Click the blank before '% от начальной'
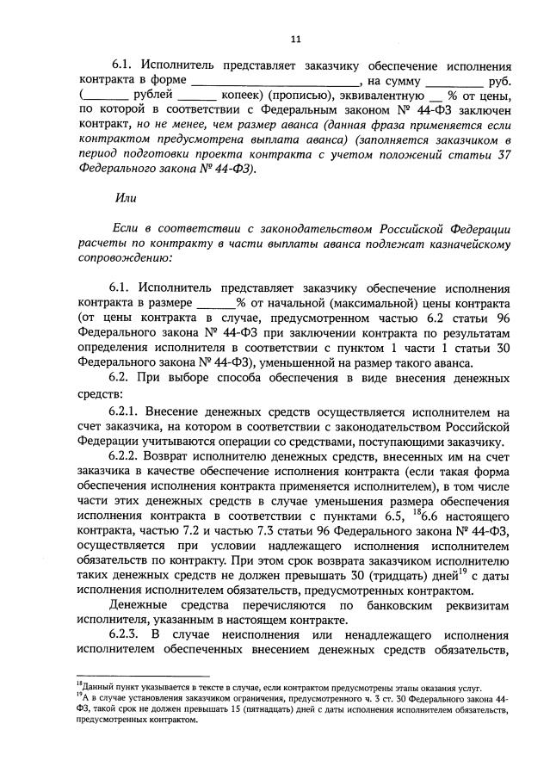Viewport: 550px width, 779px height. pos(216,303)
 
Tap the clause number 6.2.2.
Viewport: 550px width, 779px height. pos(128,453)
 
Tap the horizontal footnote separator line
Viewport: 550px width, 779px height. pos(143,676)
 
